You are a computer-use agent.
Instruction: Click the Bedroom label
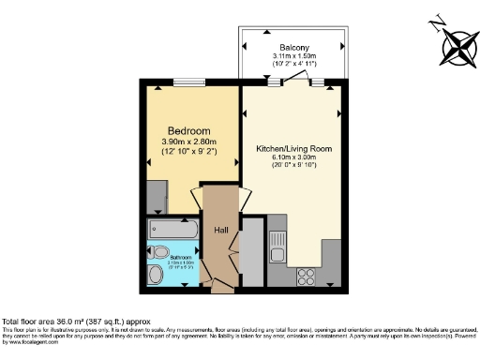click(x=188, y=130)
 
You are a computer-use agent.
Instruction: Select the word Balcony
click(x=294, y=48)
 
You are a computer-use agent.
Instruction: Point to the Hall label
click(x=220, y=231)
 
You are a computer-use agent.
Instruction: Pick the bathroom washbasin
click(x=156, y=274)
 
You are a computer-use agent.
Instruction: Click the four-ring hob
click(x=305, y=277)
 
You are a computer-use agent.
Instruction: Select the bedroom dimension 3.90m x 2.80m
click(x=187, y=142)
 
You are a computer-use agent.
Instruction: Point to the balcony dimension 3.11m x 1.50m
click(x=294, y=57)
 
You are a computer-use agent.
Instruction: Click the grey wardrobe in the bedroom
click(x=156, y=197)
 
